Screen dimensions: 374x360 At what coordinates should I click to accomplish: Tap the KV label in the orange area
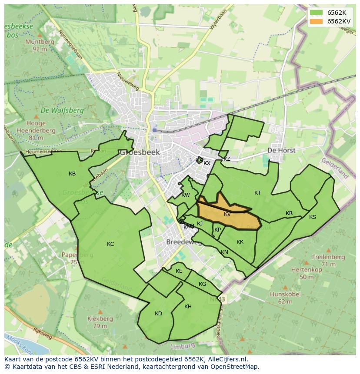tap(227, 214)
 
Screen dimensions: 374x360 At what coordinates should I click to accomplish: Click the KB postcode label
tap(72, 174)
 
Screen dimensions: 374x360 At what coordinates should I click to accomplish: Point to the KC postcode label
tap(110, 244)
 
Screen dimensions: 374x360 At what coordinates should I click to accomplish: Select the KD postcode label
tap(158, 314)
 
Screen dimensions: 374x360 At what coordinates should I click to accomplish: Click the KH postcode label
tap(188, 307)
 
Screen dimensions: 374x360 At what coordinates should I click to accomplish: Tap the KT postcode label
tap(258, 193)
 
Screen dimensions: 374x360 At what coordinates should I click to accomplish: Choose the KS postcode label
tap(313, 217)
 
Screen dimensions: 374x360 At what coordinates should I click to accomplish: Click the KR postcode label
tap(289, 213)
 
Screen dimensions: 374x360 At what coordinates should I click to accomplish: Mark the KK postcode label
tap(240, 242)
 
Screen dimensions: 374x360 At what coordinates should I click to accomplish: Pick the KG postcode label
tap(202, 284)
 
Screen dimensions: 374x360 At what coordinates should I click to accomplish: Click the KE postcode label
tap(179, 271)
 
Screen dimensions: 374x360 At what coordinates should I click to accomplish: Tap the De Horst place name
tap(281, 150)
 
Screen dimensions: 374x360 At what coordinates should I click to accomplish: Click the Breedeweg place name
tap(184, 242)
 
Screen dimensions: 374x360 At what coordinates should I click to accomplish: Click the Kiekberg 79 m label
tap(100, 322)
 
